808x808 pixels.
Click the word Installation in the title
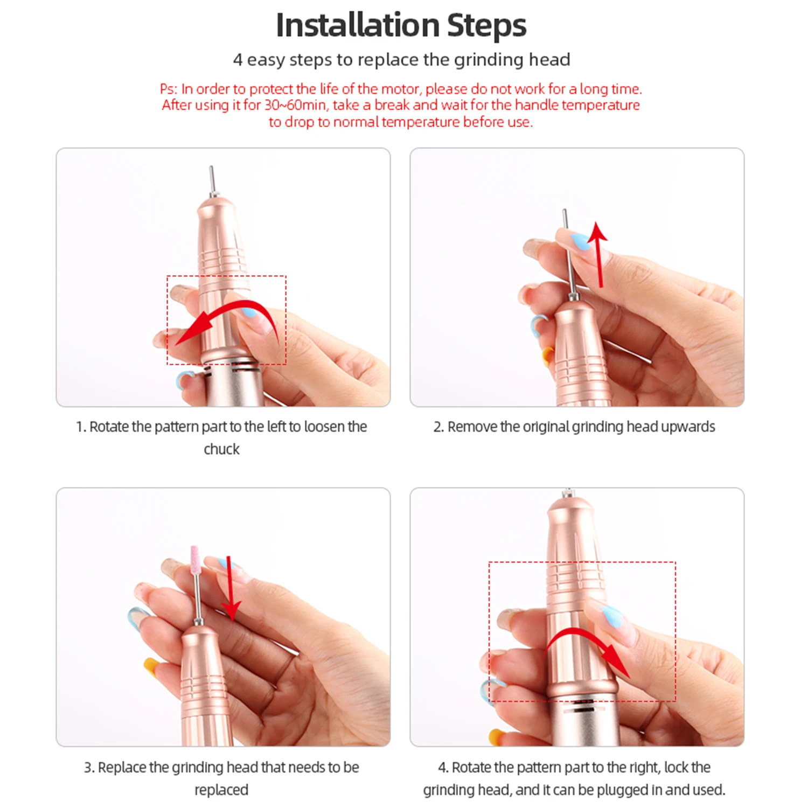coord(358,25)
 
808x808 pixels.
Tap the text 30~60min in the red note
coord(295,105)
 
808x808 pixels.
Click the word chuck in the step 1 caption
coord(221,449)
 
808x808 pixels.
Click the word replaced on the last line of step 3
coord(221,790)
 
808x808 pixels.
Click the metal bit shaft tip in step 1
coord(211,168)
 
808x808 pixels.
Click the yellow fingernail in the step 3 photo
coord(151,665)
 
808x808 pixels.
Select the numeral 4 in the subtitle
coord(238,59)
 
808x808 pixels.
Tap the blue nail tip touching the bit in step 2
coord(580,241)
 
